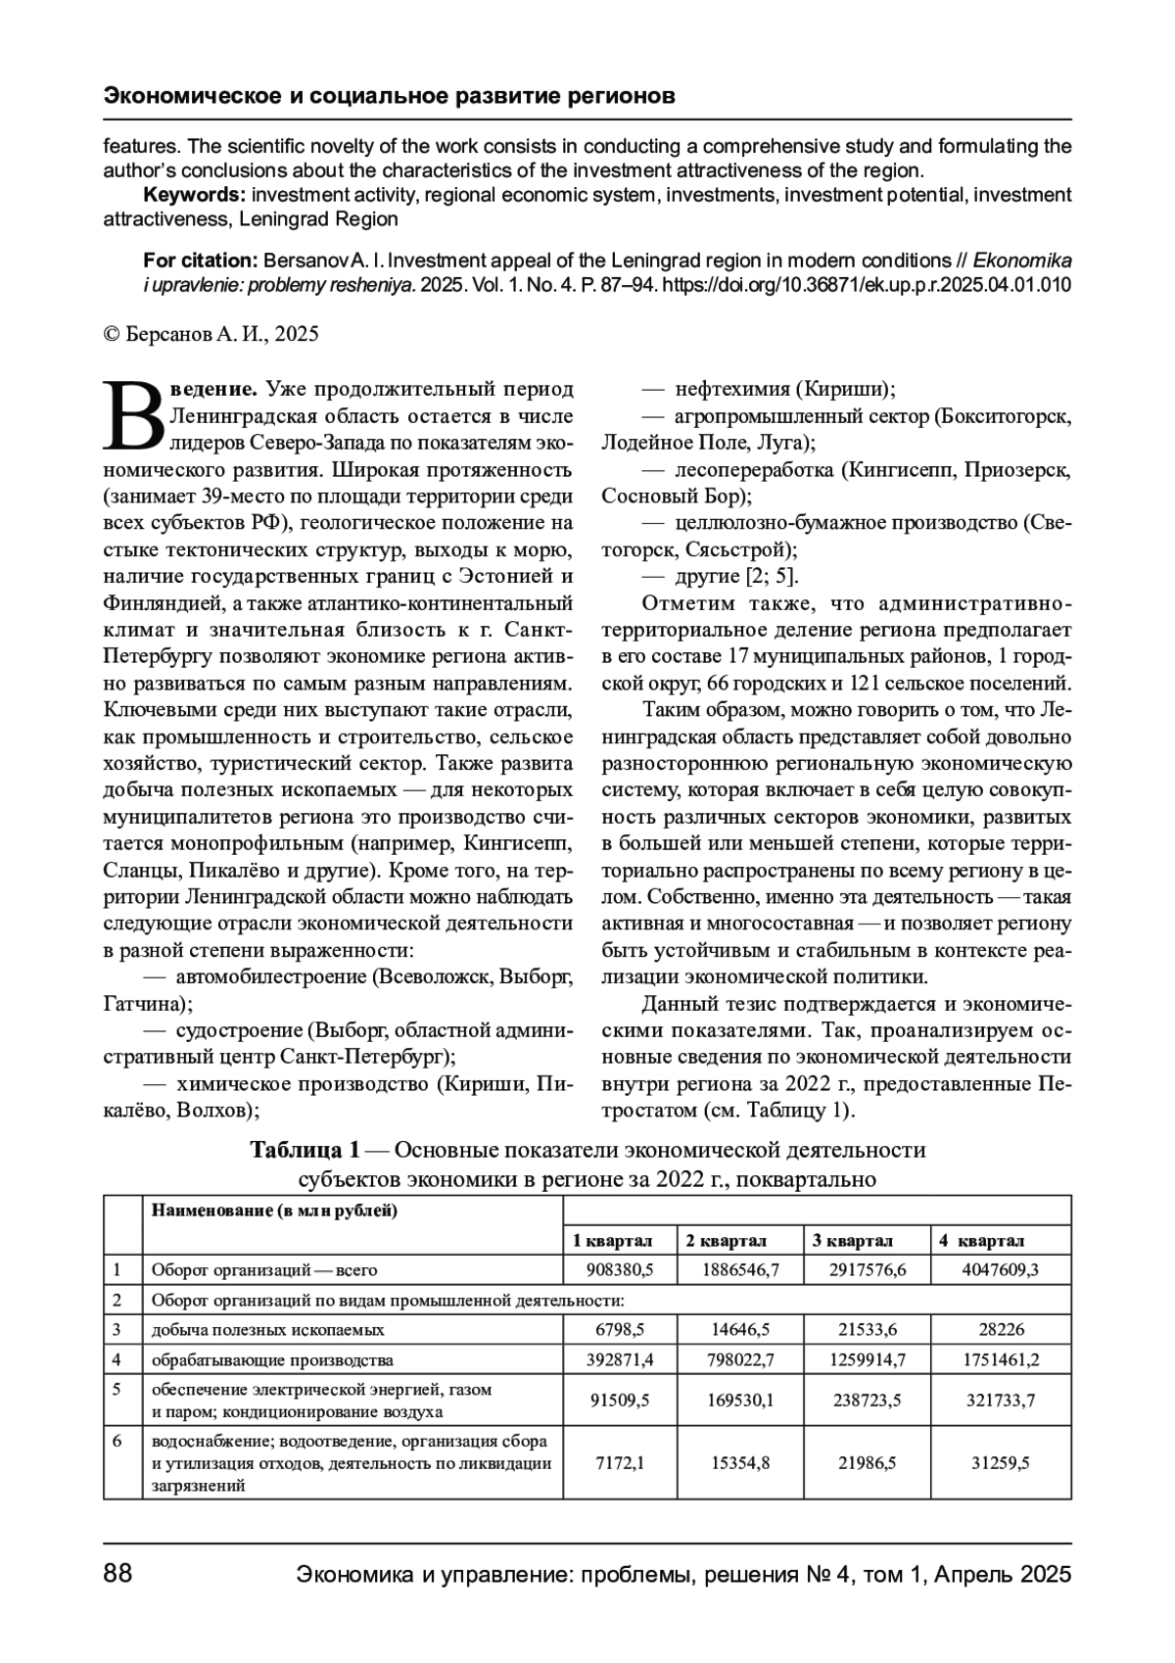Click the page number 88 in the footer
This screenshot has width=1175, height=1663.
[117, 1574]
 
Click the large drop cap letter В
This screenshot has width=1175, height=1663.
[134, 415]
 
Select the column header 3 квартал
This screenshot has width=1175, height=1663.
[852, 1241]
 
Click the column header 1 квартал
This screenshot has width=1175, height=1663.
[613, 1241]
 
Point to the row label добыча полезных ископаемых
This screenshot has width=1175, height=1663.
[267, 1330]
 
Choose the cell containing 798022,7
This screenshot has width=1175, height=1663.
[740, 1360]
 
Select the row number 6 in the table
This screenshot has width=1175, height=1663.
[117, 1441]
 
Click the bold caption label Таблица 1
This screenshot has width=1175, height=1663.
[305, 1149]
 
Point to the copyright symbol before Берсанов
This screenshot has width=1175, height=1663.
[111, 334]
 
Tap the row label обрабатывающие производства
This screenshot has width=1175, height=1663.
[272, 1360]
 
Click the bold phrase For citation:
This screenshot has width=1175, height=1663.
[199, 261]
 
